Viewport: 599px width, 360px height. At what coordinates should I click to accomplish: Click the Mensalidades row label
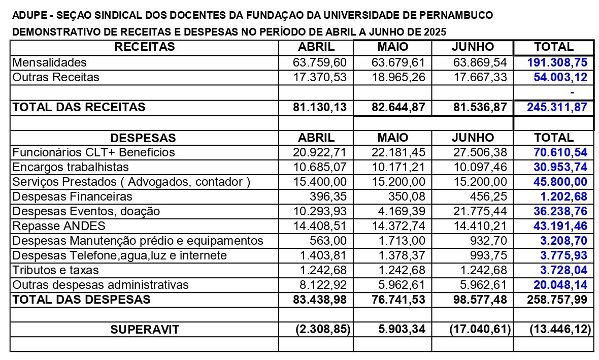[x=49, y=62]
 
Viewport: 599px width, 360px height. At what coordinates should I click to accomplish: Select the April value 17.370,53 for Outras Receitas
[x=320, y=77]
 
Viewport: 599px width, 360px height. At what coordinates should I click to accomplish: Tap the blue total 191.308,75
[x=557, y=62]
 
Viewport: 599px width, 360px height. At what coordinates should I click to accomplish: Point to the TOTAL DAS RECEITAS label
[x=79, y=107]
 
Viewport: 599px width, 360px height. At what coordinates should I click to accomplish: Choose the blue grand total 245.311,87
[x=556, y=107]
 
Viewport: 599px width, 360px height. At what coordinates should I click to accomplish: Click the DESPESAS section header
[x=143, y=138]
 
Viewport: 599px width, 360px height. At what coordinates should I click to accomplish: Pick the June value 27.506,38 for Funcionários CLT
[x=479, y=152]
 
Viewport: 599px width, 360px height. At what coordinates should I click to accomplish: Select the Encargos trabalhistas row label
[x=71, y=167]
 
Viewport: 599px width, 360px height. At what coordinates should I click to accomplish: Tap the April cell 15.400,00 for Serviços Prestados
[x=320, y=182]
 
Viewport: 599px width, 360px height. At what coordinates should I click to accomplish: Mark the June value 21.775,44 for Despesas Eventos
[x=479, y=211]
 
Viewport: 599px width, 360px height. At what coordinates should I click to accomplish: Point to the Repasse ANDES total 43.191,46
[x=560, y=226]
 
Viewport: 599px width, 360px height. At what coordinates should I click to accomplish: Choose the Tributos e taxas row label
[x=55, y=270]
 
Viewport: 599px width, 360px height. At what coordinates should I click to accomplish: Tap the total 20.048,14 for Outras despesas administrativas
[x=560, y=285]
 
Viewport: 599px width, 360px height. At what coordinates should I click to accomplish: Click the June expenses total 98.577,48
[x=479, y=300]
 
